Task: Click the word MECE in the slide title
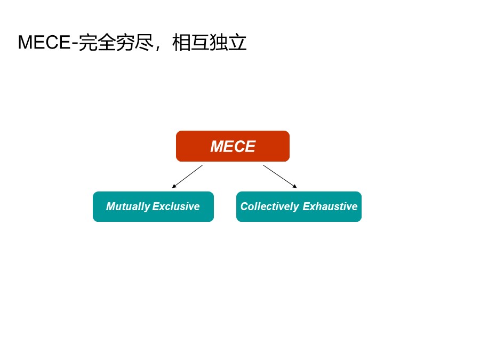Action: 44,43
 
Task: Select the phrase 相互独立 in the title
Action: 210,43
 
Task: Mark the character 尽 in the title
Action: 144,43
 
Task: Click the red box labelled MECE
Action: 233,146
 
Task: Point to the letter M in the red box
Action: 217,147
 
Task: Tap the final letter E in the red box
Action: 250,147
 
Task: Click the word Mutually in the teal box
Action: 128,206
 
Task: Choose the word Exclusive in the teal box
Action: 176,206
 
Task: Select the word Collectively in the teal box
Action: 269,206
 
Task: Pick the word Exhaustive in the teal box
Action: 330,206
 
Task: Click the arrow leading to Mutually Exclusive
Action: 187,177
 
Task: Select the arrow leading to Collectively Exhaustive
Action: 279,176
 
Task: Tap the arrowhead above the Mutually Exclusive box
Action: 174,186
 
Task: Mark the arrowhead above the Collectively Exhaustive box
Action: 295,186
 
